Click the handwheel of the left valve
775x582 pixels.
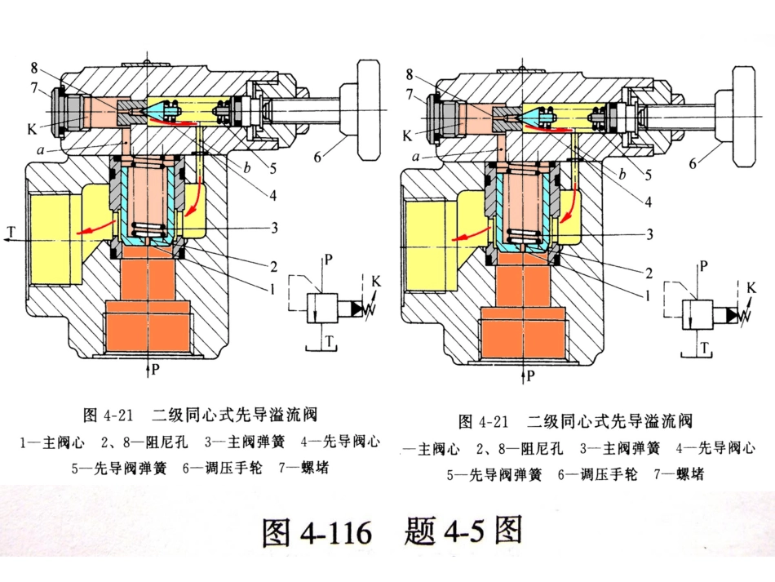pyautogui.click(x=370, y=111)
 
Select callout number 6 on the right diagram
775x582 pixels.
pyautogui.click(x=693, y=162)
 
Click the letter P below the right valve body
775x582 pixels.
pyautogui.click(x=530, y=376)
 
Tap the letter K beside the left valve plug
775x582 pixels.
pyautogui.click(x=31, y=128)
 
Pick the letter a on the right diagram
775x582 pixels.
pyautogui.click(x=416, y=157)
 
